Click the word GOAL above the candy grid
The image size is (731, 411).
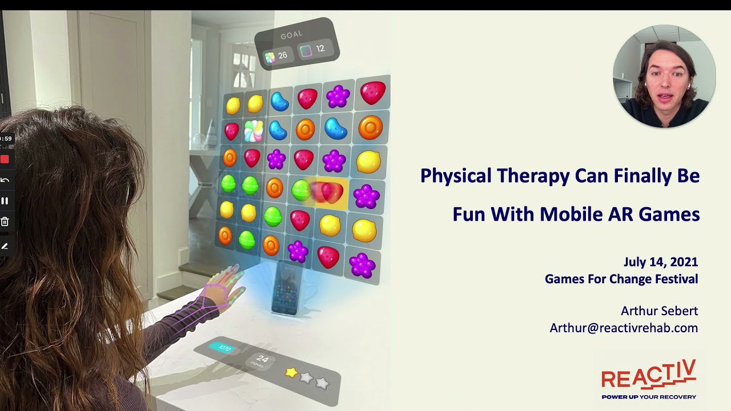coord(291,35)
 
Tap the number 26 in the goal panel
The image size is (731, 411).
coord(283,55)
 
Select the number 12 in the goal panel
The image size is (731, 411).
coord(320,49)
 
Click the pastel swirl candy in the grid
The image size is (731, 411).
coord(254,131)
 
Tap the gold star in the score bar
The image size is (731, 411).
coord(291,372)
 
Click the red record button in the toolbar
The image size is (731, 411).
coord(5,159)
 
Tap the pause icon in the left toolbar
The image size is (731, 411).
coord(5,200)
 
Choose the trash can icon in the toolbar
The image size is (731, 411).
coord(5,222)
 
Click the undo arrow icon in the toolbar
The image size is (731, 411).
coord(5,180)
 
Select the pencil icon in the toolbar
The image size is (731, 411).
coord(5,246)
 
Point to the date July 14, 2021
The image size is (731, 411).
coord(661,262)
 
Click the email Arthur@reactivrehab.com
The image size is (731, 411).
coord(624,328)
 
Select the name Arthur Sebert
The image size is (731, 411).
coord(659,311)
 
